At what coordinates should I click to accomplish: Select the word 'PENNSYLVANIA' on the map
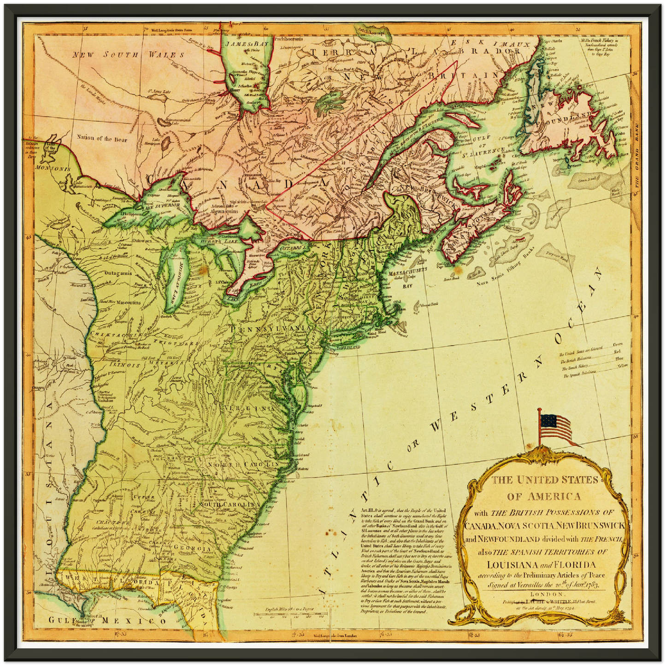[269, 328]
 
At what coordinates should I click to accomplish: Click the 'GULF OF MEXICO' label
[108, 620]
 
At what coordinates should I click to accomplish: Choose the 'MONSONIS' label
[47, 169]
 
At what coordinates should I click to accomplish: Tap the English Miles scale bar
[289, 613]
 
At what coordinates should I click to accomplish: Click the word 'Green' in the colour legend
[618, 344]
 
